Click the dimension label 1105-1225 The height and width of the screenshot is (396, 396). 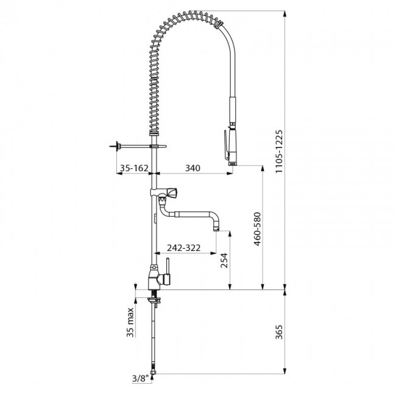coord(279,151)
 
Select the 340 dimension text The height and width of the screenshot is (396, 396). coord(193,168)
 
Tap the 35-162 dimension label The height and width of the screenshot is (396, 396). coord(134,168)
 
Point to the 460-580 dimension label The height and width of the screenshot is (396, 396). coord(257,229)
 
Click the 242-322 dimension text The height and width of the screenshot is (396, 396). coord(183,248)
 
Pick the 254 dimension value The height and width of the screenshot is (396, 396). coord(224,260)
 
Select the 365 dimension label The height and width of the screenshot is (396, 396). coord(279,332)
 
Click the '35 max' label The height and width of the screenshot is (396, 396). coord(130,322)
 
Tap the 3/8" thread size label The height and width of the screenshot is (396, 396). coord(139,378)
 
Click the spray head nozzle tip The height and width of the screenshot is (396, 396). coord(233,164)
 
